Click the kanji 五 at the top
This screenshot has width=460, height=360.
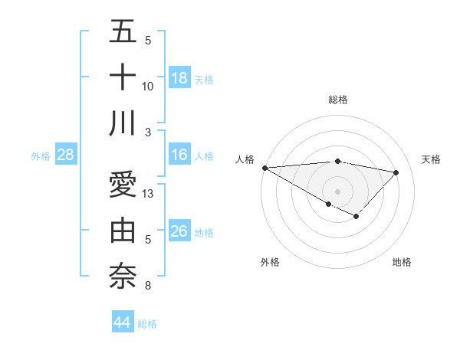point(123,32)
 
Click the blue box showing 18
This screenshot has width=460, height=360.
point(179,78)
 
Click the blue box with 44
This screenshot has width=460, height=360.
point(122,322)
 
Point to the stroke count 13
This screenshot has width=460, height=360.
point(149,194)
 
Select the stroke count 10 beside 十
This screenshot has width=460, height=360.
point(149,86)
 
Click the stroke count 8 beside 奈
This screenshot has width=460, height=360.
point(148,286)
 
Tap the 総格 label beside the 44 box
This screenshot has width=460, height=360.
point(147,324)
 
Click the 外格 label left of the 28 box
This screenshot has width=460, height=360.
point(41,156)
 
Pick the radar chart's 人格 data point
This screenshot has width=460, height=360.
point(264,168)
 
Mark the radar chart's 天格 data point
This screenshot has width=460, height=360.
point(396,172)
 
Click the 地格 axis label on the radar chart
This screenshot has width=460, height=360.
point(402,262)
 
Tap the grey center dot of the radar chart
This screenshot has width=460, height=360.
point(337,190)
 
